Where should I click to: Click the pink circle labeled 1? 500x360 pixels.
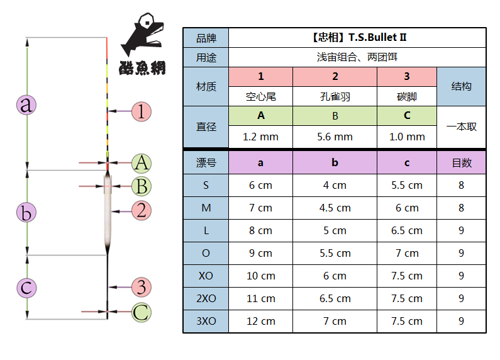[141, 112]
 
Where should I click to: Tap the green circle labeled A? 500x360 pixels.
[142, 164]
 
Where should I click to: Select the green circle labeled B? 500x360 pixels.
[142, 186]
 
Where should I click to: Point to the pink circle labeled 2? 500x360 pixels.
[142, 210]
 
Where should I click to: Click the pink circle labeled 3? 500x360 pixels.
[142, 287]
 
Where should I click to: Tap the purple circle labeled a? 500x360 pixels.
[26, 104]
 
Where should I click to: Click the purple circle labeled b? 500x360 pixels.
[26, 213]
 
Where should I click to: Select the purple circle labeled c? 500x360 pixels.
[26, 288]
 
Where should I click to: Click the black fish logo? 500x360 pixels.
[142, 38]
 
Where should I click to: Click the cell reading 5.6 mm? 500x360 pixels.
[335, 137]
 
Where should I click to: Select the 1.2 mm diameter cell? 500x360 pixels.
[260, 137]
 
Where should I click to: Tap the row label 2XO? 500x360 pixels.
[206, 298]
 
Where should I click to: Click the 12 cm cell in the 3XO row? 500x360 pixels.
[260, 321]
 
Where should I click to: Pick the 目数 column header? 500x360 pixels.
[461, 162]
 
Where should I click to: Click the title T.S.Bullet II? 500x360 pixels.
[357, 37]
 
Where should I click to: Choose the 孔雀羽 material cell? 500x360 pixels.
[335, 96]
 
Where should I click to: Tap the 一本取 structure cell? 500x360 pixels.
[461, 127]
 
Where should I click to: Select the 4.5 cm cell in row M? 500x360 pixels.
[335, 208]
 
